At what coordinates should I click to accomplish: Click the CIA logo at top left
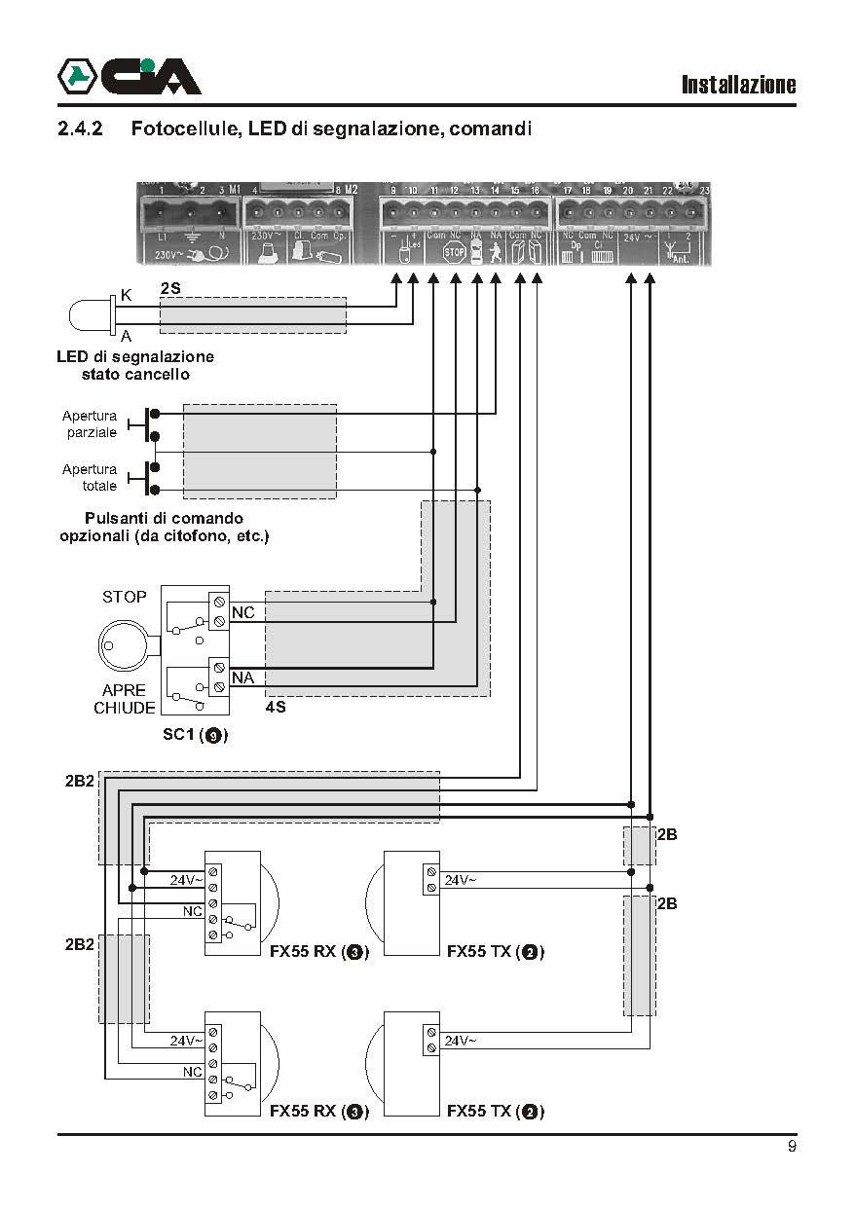129,76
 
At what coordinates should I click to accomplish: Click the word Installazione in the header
738,85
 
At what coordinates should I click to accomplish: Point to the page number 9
792,1147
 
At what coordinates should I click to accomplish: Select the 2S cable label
170,290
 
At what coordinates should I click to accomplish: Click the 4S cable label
275,707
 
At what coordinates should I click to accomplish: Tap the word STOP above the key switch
125,597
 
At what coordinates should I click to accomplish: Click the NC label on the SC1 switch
242,612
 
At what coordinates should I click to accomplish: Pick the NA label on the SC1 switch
242,677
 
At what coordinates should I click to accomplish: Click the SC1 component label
195,736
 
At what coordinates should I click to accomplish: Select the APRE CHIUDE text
125,699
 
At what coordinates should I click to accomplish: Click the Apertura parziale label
90,423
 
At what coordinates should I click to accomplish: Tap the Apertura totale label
90,477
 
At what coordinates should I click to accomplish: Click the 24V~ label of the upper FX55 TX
461,880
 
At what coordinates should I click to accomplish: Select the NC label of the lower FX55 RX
193,1071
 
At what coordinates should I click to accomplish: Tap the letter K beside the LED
126,295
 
